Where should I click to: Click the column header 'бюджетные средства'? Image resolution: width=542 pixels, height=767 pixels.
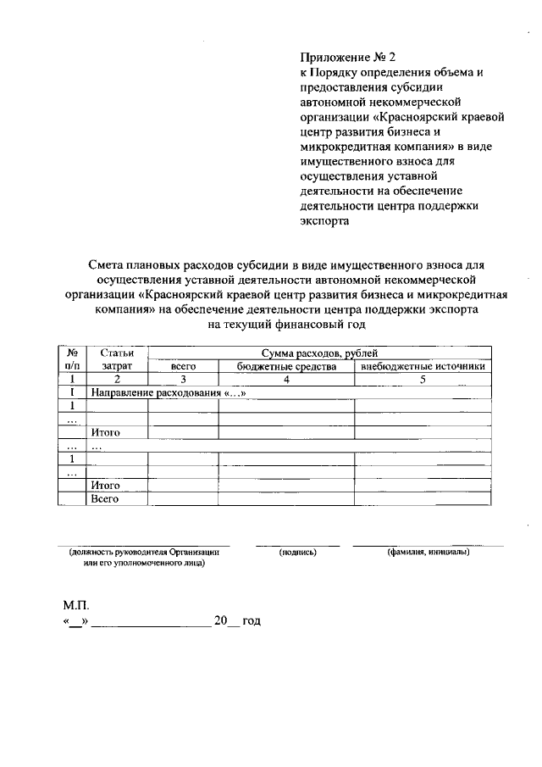click(286, 367)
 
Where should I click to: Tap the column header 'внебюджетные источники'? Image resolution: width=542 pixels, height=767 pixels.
click(423, 367)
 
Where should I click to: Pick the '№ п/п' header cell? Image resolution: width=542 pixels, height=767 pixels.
click(73, 359)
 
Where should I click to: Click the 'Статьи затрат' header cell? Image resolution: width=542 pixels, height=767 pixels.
click(117, 359)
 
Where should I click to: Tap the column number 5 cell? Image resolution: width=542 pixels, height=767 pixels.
click(423, 380)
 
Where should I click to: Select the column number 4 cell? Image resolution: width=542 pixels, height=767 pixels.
click(286, 380)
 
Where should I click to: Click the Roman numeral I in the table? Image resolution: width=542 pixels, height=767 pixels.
click(73, 393)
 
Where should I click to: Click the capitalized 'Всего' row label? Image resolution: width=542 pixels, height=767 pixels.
click(105, 499)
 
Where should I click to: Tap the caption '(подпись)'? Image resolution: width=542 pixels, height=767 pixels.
click(297, 553)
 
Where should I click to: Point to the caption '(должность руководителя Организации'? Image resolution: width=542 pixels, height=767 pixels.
click(144, 553)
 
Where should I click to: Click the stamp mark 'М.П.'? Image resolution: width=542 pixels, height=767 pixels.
click(75, 606)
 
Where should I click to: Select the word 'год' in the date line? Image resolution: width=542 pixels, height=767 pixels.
click(252, 621)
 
